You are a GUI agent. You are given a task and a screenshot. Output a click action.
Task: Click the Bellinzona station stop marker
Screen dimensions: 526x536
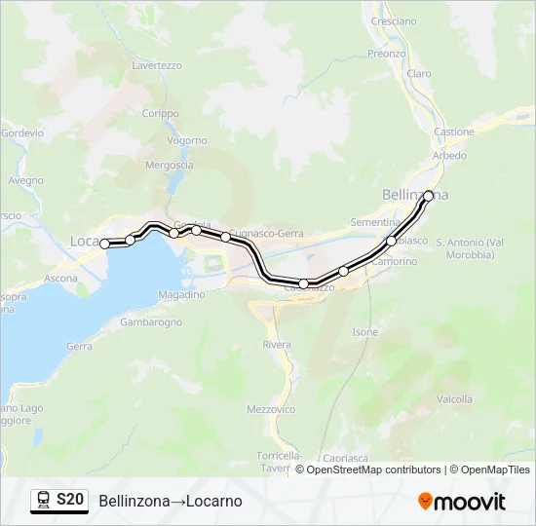[x=428, y=196]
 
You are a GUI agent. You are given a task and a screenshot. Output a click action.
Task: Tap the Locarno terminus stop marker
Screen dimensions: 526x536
[x=105, y=244]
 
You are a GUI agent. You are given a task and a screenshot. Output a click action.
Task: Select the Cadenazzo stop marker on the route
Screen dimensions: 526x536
[x=304, y=283]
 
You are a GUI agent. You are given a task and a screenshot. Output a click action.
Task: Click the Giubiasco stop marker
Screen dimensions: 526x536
[x=392, y=241]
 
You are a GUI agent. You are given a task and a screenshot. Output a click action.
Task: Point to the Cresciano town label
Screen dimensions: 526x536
[x=394, y=20]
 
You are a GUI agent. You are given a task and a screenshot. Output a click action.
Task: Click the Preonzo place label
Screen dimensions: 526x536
[x=387, y=54]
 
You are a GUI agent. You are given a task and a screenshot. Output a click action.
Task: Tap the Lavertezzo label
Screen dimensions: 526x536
[x=157, y=65]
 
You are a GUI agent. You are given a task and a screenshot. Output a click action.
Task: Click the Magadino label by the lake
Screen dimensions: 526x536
[x=181, y=294]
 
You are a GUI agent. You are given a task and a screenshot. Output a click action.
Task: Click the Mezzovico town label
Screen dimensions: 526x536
[x=271, y=409]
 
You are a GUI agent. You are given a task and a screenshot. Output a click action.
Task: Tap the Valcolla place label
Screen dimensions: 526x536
[x=455, y=399]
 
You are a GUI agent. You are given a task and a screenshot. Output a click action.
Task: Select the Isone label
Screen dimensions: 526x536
[x=364, y=332]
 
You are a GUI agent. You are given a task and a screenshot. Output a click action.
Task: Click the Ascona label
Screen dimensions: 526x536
[x=60, y=279]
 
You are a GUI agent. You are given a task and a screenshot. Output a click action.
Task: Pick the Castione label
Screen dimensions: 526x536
[x=454, y=131]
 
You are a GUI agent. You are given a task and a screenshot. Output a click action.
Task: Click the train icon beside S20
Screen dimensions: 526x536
[x=44, y=500]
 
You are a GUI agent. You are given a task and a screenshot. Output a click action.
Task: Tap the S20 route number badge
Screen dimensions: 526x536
[x=70, y=500]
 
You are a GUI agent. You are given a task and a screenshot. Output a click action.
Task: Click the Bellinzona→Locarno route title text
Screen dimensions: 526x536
[x=171, y=501]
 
